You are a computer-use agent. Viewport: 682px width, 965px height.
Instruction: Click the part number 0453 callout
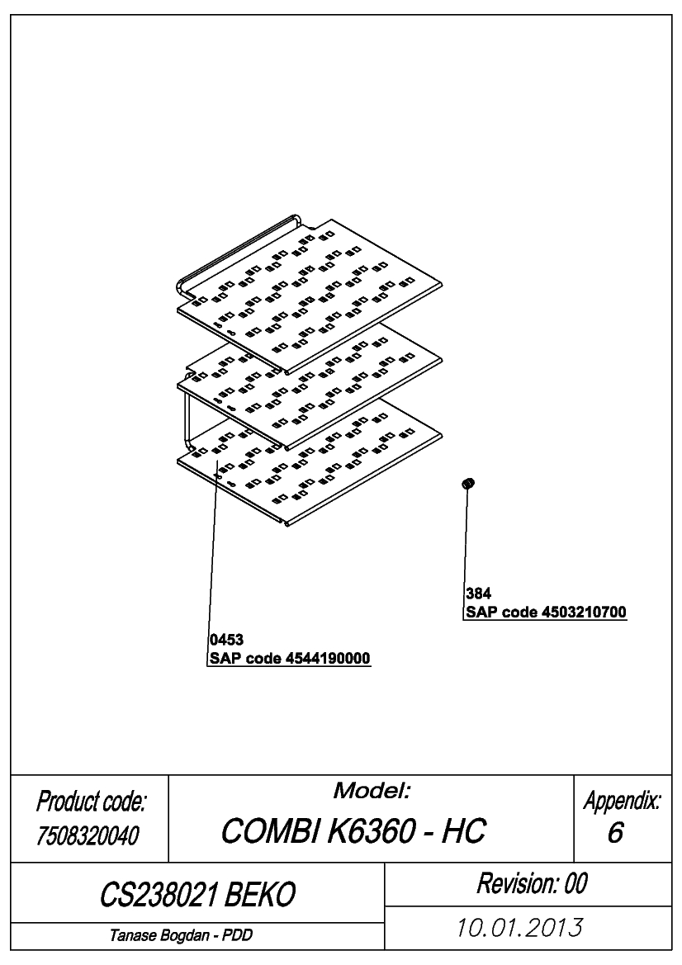coord(226,640)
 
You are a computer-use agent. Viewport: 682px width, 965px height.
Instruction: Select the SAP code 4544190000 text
coord(290,659)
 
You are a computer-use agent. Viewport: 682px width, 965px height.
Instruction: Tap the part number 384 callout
coord(478,594)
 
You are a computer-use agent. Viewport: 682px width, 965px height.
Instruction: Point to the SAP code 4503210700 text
coord(546,613)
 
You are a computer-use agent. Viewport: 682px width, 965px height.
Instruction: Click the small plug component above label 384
coord(468,484)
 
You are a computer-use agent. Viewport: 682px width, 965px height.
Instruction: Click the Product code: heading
coord(91,802)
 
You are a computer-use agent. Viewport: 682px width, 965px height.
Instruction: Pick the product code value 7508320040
coord(88,835)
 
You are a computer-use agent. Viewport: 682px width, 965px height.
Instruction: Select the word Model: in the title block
coord(372,791)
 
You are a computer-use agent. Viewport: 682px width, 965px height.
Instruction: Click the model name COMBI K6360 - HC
coord(353,830)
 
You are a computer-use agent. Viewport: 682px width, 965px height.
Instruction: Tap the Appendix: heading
coord(623,801)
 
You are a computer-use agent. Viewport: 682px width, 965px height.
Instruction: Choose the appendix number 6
coord(615,833)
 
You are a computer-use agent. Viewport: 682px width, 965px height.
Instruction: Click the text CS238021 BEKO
coord(197,894)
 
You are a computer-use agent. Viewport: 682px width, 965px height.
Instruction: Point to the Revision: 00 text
coord(532,883)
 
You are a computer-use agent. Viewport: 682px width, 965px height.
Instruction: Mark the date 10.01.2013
coord(519,928)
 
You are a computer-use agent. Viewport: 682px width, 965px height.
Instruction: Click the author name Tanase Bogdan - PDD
coord(181,935)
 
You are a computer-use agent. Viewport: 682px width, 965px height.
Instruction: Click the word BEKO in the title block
coord(260,894)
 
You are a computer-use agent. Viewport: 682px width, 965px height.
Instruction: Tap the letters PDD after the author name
coord(238,935)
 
